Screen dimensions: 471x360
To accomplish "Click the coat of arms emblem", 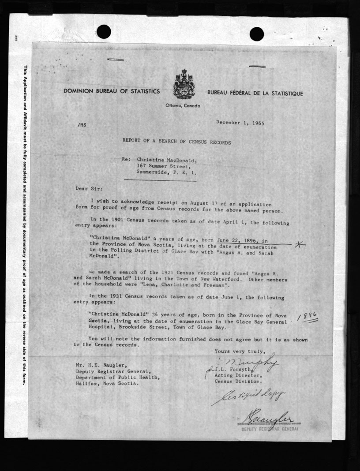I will (x=184, y=84).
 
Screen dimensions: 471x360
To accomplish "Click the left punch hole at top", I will (x=104, y=31).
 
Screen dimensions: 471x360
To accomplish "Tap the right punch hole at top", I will (x=257, y=34).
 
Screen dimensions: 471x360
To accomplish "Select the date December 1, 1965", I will (x=240, y=123).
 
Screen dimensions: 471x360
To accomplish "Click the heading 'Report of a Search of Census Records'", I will (x=176, y=142).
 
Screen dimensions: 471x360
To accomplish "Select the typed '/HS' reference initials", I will (x=82, y=125).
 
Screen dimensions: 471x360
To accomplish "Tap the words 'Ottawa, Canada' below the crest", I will (x=183, y=106).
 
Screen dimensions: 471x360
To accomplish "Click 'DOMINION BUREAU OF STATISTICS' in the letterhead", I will (x=111, y=91).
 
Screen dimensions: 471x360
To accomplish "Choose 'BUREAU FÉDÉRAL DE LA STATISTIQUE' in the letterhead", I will (x=255, y=93).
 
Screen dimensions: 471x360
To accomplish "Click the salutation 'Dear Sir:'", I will (x=88, y=188).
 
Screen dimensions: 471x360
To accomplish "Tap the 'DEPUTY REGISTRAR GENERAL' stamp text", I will (x=269, y=429).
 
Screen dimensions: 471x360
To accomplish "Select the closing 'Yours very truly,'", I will (x=240, y=351).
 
